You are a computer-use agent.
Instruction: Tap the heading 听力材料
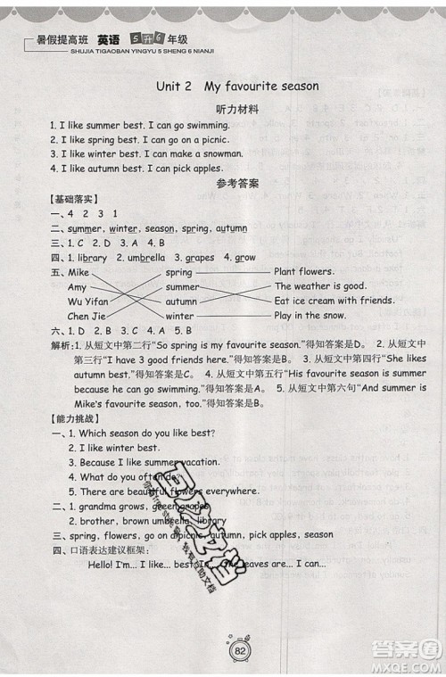[236, 109]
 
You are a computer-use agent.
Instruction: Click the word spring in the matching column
[179, 272]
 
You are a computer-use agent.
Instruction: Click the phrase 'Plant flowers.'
[305, 272]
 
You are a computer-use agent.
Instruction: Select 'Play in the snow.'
[310, 316]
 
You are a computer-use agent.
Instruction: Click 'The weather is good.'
[320, 287]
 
